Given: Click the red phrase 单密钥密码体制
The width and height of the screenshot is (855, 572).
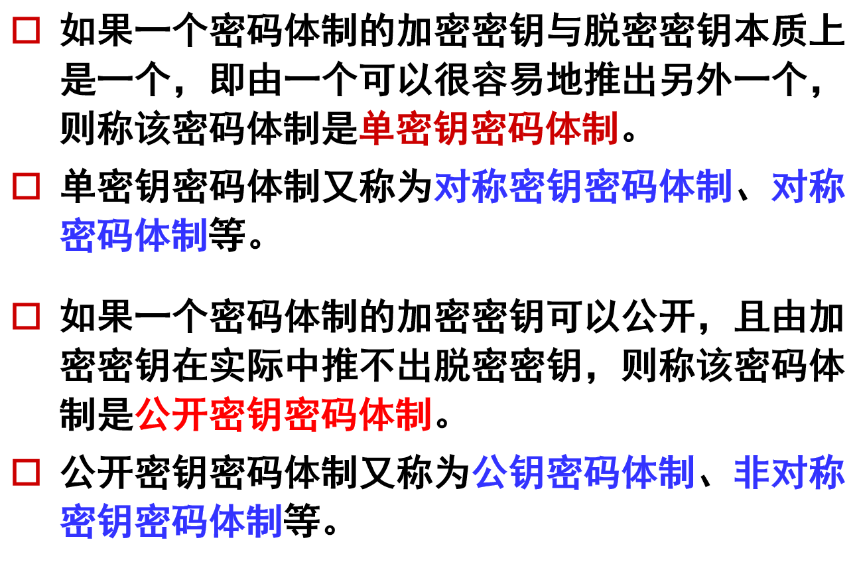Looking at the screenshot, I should [488, 129].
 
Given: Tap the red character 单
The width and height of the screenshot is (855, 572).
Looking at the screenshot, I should [377, 129].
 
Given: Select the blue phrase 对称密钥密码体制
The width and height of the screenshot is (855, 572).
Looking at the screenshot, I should [583, 186].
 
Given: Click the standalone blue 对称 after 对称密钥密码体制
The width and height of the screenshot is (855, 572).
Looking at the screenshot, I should [808, 186].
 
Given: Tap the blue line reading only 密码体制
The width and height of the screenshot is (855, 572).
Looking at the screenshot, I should [134, 236].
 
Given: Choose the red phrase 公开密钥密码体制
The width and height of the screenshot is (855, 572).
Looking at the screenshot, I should [284, 415].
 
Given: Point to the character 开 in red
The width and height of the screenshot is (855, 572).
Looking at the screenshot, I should [190, 415].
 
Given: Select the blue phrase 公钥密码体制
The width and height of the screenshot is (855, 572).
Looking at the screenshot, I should [583, 472].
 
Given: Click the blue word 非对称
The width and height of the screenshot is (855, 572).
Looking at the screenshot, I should [789, 472].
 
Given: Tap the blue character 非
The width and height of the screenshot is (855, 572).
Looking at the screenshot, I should [752, 472].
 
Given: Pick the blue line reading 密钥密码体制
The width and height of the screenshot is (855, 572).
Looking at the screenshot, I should [171, 522].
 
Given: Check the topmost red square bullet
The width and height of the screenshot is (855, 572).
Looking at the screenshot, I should [27, 31].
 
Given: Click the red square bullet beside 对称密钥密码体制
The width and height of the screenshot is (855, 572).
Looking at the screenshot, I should [27, 186].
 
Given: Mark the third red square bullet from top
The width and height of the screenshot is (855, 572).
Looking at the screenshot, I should [27, 317].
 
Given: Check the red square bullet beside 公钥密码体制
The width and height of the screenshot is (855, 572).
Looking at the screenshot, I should [27, 472].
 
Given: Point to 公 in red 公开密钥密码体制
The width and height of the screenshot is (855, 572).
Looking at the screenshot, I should [153, 415].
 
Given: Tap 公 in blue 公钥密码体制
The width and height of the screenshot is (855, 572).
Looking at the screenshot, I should [490, 472].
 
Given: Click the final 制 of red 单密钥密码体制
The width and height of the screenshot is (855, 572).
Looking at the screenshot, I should [600, 129].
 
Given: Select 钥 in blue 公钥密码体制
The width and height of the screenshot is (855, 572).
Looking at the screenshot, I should [527, 472].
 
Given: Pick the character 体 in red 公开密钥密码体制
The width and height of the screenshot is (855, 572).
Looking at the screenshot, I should [376, 415].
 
